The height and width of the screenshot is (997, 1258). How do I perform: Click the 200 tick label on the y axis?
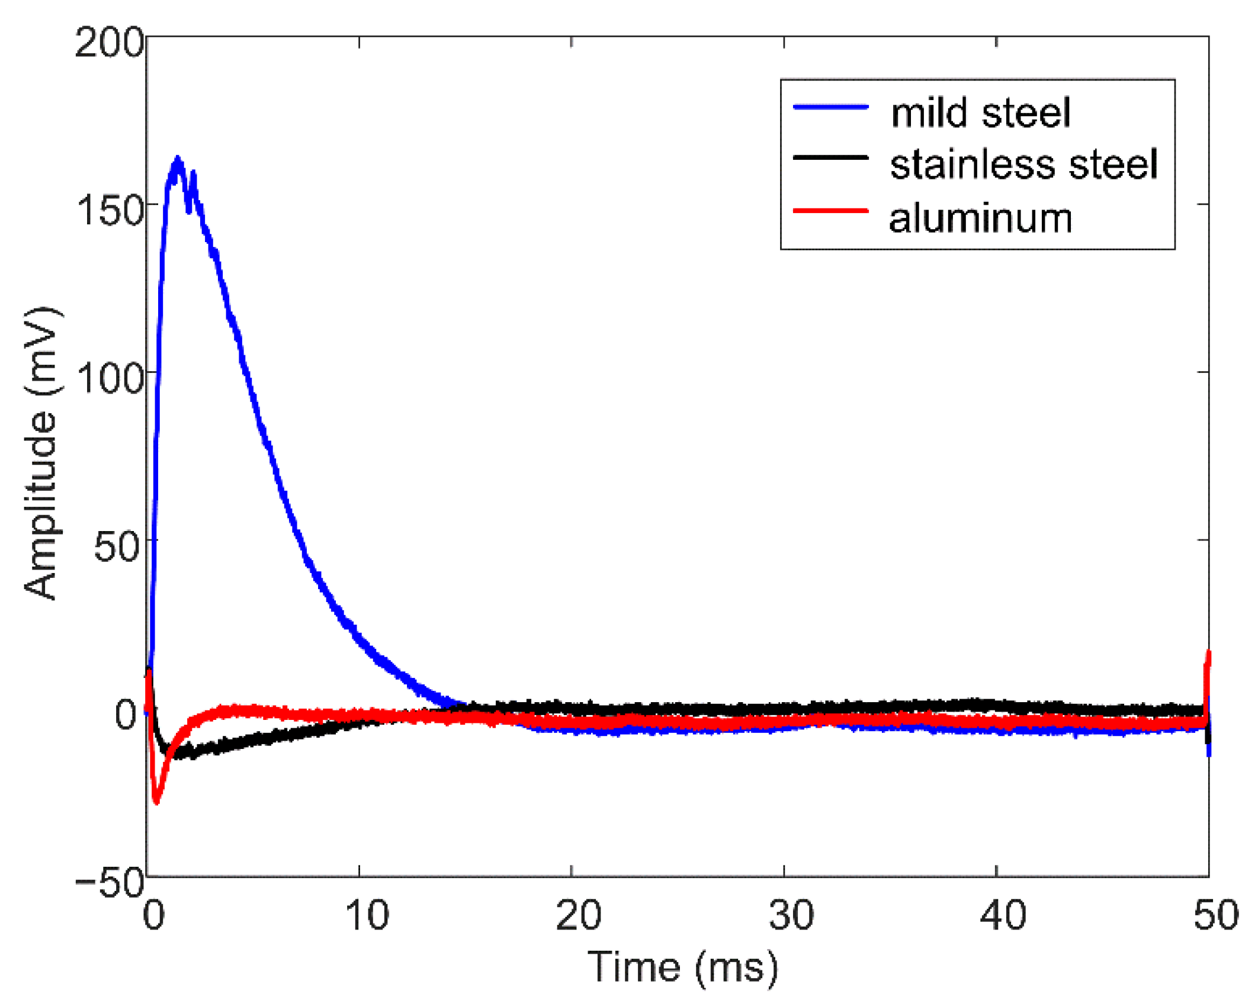point(109,43)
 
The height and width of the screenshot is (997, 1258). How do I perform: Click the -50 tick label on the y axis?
point(110,884)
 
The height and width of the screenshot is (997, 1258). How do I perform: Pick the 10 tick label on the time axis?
point(367,915)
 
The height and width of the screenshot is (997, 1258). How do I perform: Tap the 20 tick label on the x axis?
point(578,915)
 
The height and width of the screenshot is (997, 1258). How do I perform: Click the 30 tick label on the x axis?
point(791,915)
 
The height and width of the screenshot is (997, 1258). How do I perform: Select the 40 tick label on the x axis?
point(1003,915)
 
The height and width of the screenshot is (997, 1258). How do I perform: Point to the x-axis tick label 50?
point(1215,915)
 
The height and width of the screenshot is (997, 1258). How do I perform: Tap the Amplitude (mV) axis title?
point(41,453)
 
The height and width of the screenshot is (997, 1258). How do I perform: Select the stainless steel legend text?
point(1023,164)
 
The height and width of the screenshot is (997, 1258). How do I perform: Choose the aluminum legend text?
point(980,218)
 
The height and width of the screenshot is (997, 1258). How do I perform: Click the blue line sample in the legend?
point(830,107)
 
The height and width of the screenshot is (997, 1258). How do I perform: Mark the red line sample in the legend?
point(830,211)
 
